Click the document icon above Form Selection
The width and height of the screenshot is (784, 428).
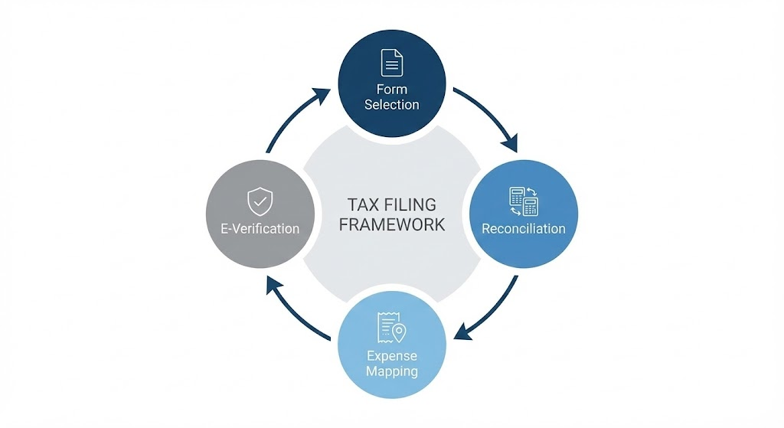391,62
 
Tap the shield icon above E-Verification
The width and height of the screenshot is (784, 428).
260,202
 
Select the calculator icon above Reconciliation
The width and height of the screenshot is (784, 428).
524,201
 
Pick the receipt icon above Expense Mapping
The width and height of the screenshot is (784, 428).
390,328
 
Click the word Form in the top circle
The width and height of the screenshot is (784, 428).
391,90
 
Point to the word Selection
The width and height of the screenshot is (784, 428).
391,105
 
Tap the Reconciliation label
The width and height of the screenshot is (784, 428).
524,228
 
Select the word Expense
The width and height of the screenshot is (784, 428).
391,356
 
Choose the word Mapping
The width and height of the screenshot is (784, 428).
391,371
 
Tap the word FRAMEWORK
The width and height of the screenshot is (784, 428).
391,225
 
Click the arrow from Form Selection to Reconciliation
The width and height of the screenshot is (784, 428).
490,115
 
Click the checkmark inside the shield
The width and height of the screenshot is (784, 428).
260,202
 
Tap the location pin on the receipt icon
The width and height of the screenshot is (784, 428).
399,332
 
